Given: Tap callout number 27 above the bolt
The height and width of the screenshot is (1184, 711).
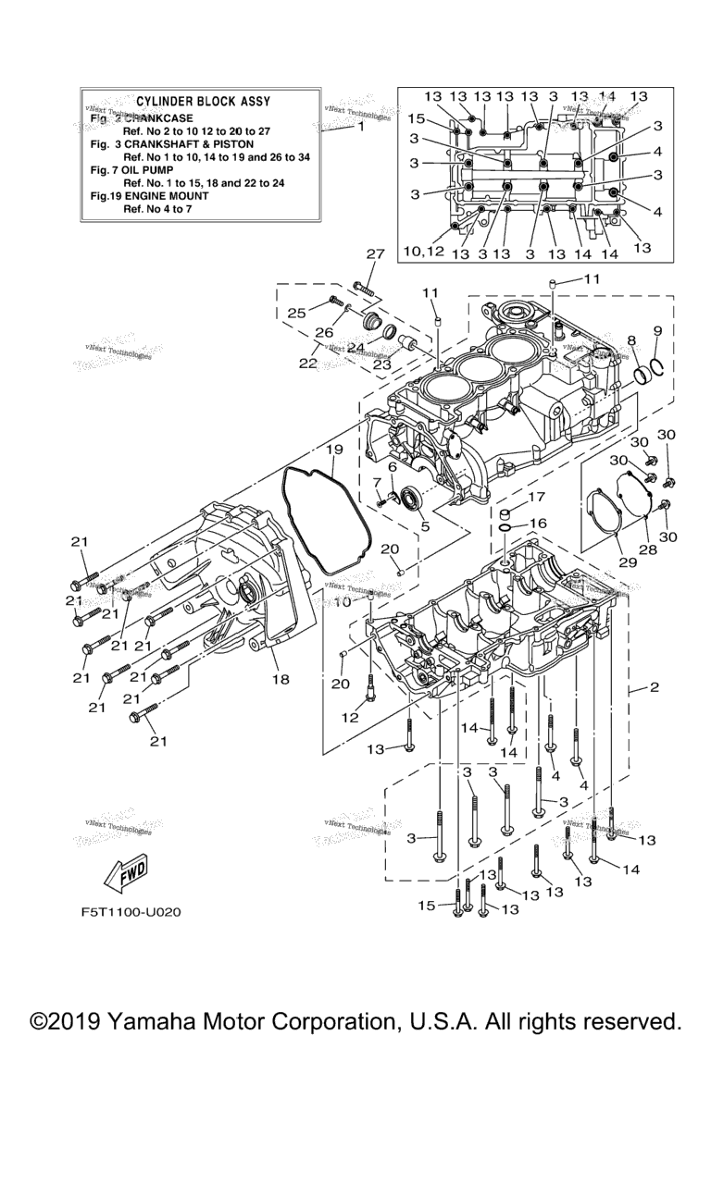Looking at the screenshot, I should [x=374, y=255].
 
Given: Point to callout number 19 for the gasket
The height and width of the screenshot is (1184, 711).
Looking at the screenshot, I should [x=334, y=450].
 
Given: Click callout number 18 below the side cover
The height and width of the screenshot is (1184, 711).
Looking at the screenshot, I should [x=280, y=679].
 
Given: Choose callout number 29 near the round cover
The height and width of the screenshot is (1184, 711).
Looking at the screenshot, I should [x=612, y=561].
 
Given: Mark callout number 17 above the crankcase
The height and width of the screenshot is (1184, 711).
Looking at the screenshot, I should [x=537, y=497].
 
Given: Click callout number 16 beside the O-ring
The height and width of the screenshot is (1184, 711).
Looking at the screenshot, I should [x=537, y=524].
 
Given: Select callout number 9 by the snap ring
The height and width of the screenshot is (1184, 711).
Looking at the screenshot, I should [x=657, y=330].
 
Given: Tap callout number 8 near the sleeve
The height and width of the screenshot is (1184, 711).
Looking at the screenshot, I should [x=630, y=339].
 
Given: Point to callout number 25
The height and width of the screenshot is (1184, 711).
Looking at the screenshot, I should [x=295, y=314].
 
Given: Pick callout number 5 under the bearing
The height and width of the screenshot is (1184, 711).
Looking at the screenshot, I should [x=425, y=526].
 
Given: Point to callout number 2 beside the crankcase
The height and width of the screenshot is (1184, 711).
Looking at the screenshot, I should [x=654, y=687].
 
